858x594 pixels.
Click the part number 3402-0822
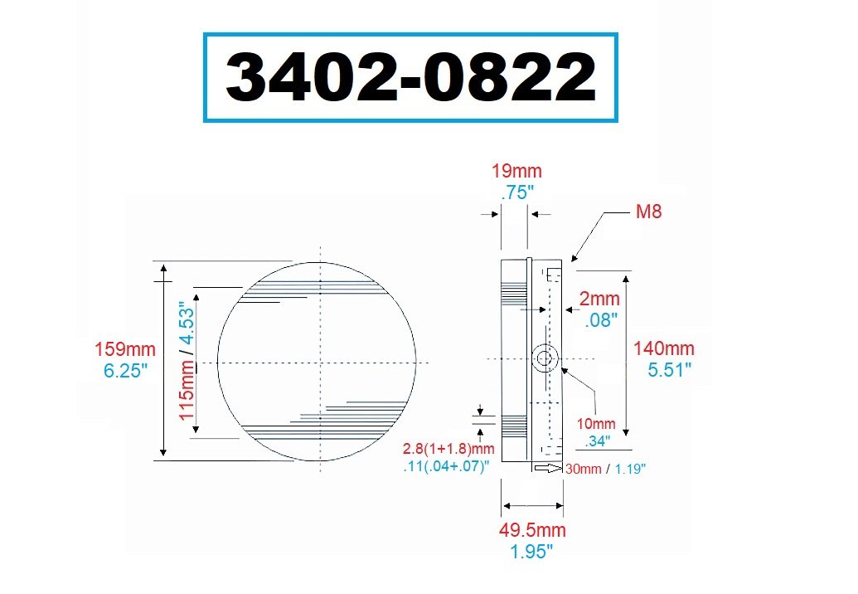(x=410, y=78)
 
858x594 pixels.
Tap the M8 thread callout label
(x=648, y=212)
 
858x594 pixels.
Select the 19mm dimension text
(x=516, y=172)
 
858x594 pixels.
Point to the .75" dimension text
(x=517, y=192)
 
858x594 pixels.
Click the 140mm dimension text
(x=663, y=349)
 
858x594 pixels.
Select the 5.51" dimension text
(x=671, y=370)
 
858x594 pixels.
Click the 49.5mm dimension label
(x=531, y=530)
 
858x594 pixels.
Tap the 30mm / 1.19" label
(x=605, y=469)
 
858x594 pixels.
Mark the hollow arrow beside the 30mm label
(x=547, y=470)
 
